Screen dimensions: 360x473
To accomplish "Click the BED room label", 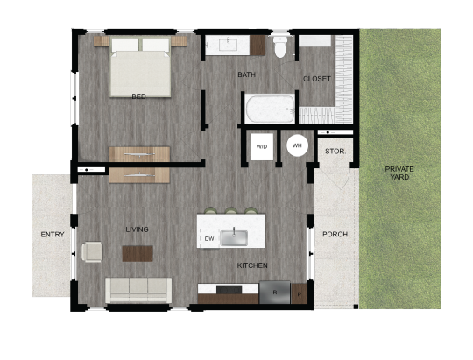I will point(138,96).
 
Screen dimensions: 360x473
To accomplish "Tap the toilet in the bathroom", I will point(280,46).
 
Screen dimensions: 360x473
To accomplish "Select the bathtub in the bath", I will point(270,109).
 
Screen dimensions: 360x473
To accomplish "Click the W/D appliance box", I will point(262,145).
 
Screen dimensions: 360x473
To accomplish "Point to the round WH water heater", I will point(297,145).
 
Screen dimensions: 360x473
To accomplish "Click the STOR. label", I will point(335,152).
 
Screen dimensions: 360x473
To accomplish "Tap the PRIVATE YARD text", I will point(399,173).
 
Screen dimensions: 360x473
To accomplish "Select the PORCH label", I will point(335,235).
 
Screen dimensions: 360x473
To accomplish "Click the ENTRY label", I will point(53,235).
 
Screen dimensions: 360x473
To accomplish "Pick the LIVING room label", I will point(137,229).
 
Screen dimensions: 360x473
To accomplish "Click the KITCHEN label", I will point(252,265).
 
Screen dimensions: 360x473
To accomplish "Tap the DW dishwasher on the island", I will point(208,238).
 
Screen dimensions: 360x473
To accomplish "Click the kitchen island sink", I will point(234,237).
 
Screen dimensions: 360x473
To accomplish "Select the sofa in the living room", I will point(138,289).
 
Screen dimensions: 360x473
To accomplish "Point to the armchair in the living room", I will point(92,252).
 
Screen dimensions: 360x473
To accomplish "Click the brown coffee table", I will point(138,253).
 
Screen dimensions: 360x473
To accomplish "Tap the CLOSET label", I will point(317,79).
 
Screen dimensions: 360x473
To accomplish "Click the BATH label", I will point(247,74).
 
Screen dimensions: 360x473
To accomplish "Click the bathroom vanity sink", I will point(228,45).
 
